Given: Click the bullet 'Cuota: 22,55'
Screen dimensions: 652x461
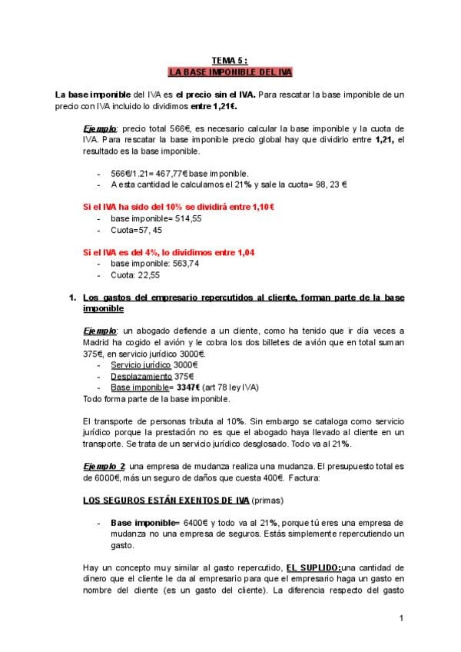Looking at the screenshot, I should pos(136,274).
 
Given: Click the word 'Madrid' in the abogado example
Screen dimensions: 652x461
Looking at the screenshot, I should pos(99,342).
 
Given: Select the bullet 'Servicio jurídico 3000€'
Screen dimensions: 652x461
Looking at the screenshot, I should pos(154,364).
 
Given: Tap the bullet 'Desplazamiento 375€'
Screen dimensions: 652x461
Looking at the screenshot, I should pos(151,377).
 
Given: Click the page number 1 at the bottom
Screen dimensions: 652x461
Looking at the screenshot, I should pos(401,617).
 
